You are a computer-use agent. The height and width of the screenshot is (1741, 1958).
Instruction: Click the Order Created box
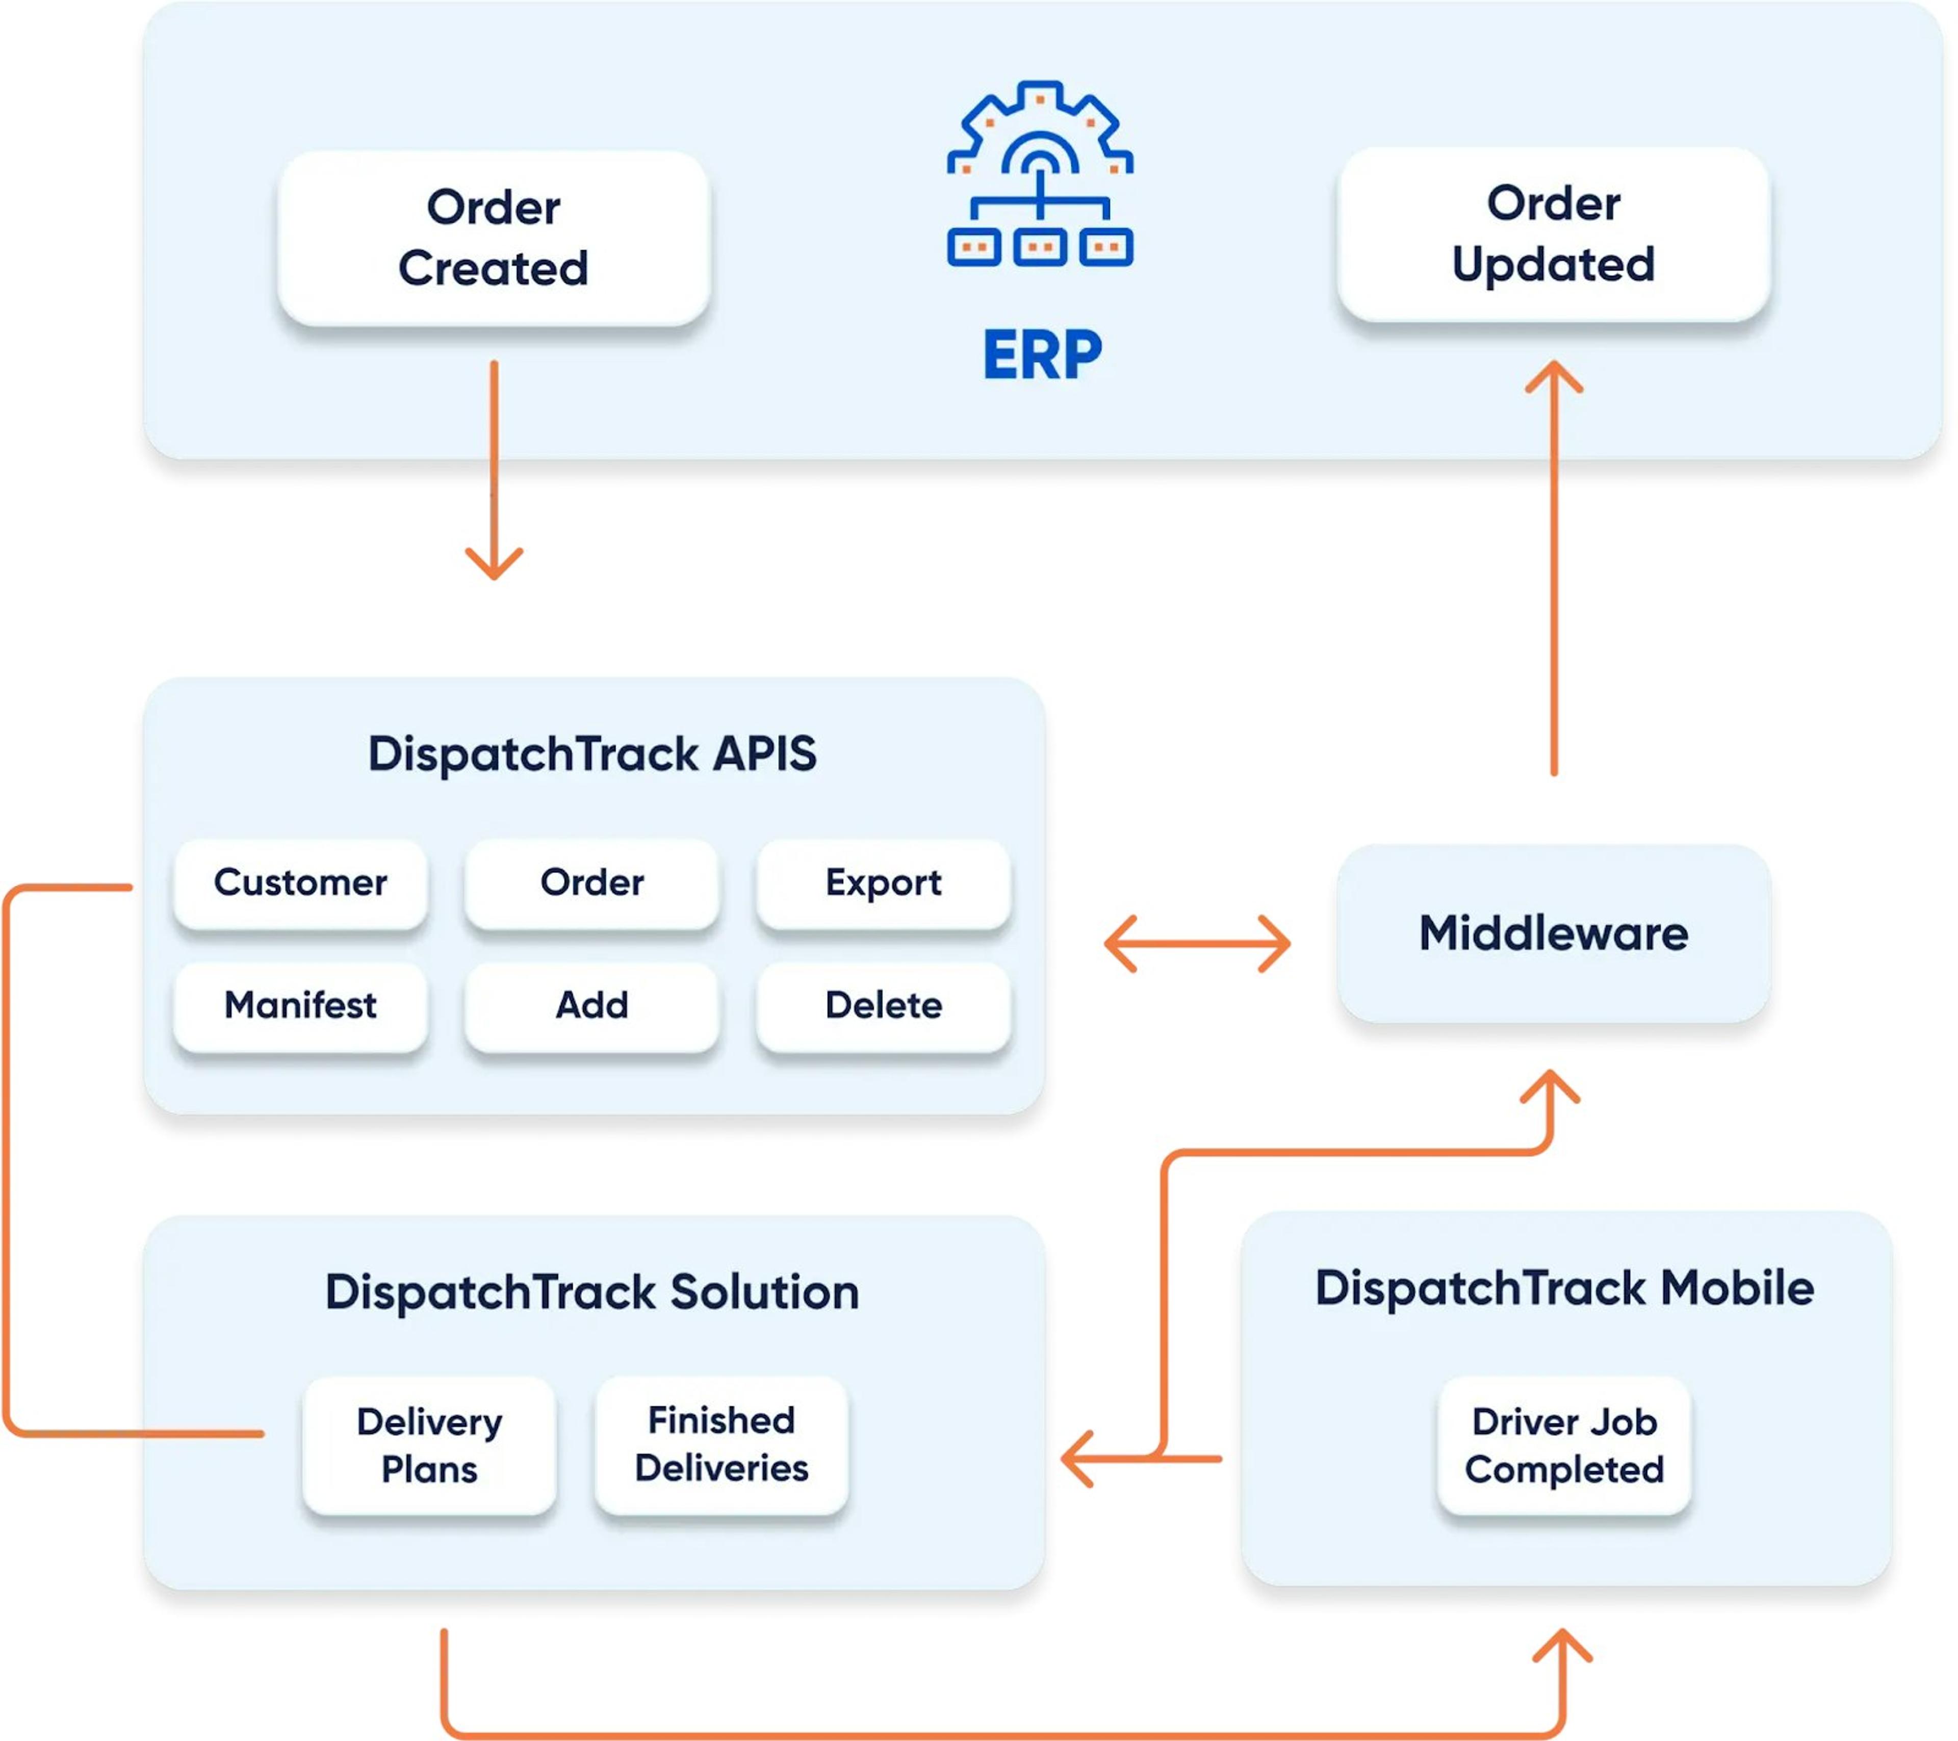coord(494,238)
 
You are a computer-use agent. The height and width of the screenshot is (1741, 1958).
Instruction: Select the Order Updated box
coord(1553,233)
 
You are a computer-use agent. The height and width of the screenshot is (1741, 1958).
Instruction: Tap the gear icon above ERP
coord(1039,172)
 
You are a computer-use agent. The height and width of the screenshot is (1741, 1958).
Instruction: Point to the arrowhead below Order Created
coord(494,565)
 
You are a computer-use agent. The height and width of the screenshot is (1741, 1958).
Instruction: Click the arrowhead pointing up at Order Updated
coord(1553,375)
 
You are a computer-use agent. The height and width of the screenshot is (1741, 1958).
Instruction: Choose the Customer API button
coord(300,882)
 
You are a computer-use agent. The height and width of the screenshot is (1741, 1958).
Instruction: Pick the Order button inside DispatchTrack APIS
coord(591,882)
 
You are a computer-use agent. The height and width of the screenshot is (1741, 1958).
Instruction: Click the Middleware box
coord(1553,933)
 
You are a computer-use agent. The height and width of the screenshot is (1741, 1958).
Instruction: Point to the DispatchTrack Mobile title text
coord(1563,1287)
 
